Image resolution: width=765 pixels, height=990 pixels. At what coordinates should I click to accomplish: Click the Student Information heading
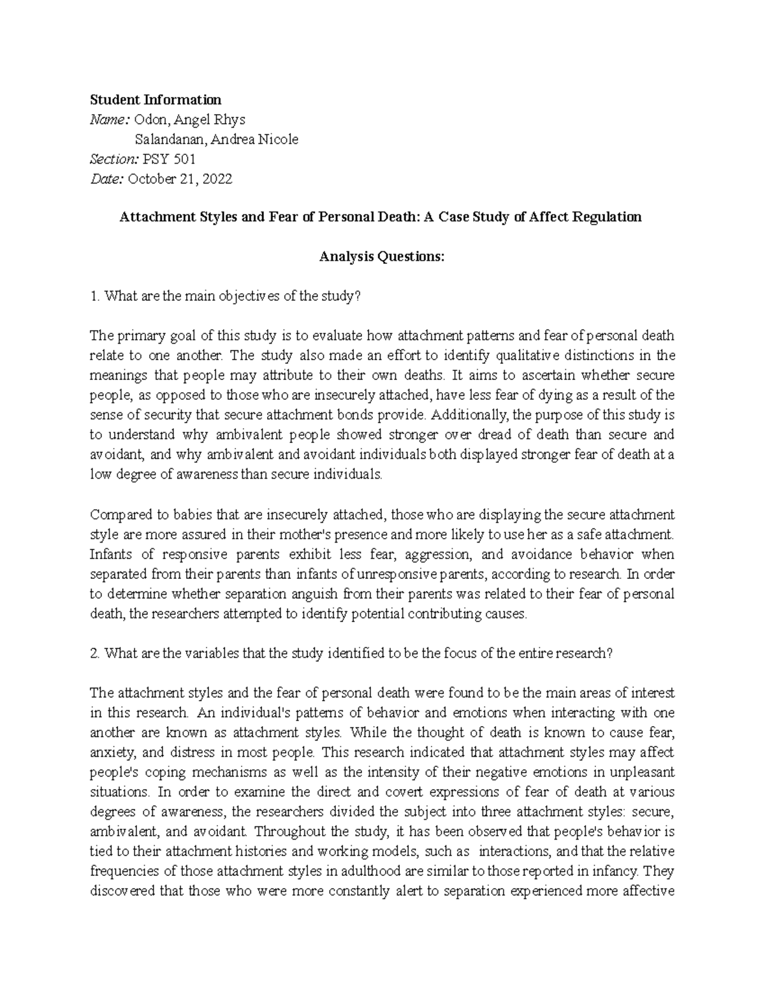coord(156,100)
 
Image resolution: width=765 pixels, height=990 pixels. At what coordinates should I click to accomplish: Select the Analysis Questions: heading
coord(381,257)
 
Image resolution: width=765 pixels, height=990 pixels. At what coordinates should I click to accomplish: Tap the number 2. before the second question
coord(96,653)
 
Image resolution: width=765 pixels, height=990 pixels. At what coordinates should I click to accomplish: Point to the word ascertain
coord(535,375)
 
